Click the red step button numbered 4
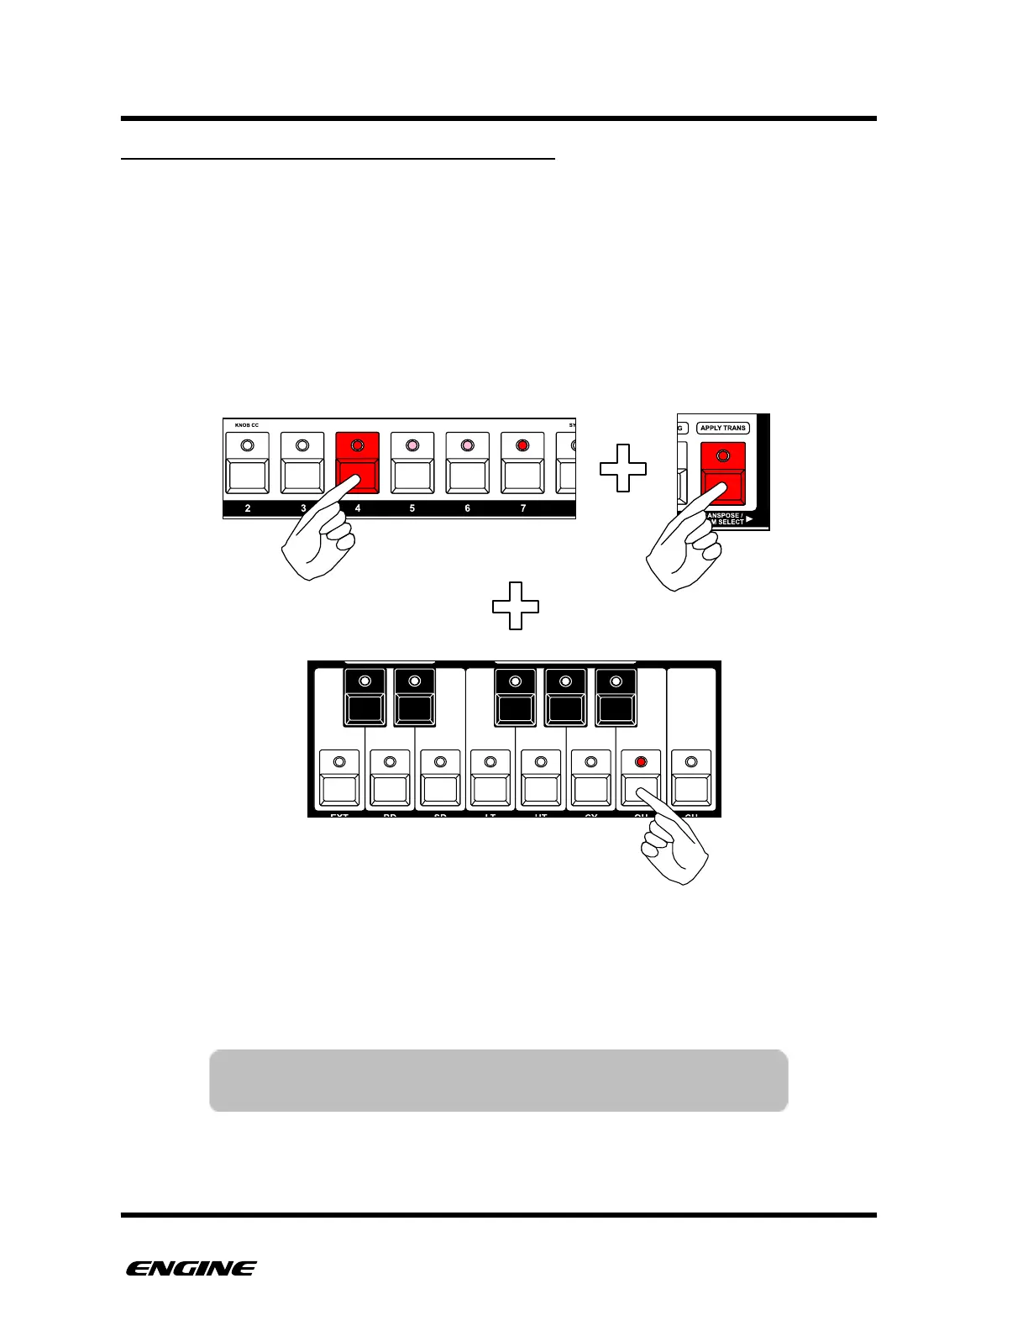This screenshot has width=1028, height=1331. tap(357, 464)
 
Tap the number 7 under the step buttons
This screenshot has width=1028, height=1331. tap(523, 508)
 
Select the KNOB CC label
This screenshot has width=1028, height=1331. tap(247, 425)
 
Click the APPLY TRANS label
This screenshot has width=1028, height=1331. tap(723, 428)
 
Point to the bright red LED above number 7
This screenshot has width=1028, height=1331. tap(522, 445)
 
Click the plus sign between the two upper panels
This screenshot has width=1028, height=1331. tap(623, 468)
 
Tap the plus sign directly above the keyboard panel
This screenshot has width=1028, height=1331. tap(515, 605)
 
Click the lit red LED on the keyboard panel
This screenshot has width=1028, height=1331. tap(641, 762)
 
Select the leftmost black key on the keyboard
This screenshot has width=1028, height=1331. tap(364, 697)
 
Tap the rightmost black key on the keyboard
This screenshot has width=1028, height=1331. tap(616, 697)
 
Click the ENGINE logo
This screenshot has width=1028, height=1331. tap(191, 1269)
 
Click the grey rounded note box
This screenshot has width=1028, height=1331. tap(498, 1080)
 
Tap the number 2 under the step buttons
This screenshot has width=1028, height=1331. tap(248, 508)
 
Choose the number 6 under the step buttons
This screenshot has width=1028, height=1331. tap(467, 508)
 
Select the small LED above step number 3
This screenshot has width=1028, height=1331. tap(302, 445)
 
